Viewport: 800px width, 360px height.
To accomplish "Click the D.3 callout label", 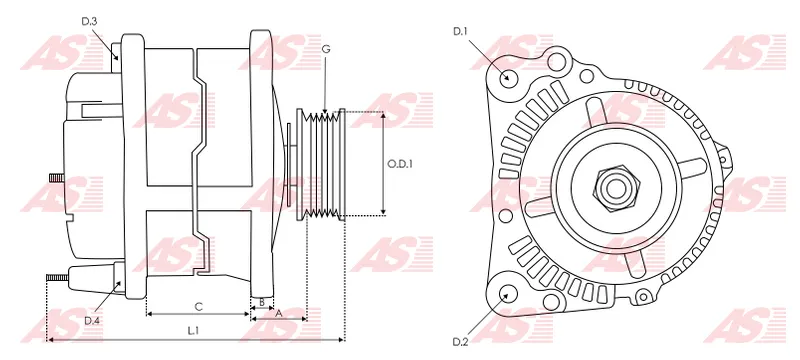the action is tap(89, 21).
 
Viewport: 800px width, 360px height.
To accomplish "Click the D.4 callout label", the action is tap(92, 320).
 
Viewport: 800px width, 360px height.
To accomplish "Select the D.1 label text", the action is tap(460, 32).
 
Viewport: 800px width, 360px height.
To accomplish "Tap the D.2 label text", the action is tap(461, 342).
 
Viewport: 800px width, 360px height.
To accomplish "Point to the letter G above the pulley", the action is tap(326, 49).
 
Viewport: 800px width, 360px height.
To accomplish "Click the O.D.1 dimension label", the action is tap(399, 164).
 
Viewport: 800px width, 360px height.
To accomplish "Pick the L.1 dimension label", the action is tap(192, 331).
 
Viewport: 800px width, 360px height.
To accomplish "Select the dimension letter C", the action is tap(199, 307).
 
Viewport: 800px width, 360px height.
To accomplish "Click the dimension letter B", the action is tap(262, 302).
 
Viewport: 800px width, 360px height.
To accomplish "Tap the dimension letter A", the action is tap(279, 314).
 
